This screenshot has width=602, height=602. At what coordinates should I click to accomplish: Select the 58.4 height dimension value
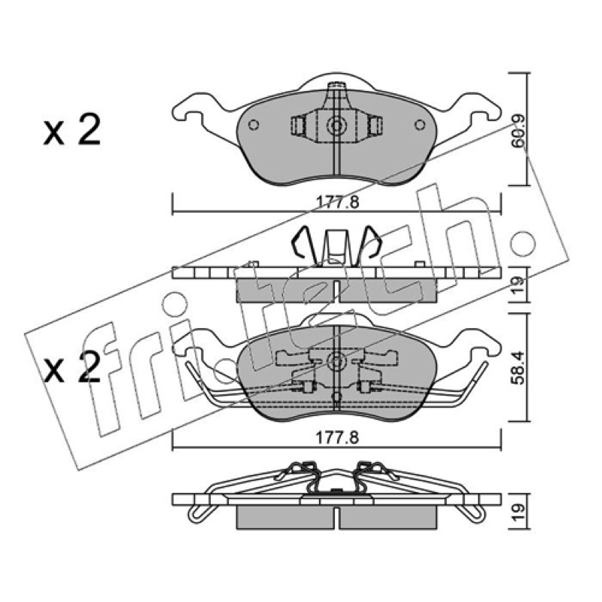518,368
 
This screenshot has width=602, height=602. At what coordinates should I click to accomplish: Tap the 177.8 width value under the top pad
337,202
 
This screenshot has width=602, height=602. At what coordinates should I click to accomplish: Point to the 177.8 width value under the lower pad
337,437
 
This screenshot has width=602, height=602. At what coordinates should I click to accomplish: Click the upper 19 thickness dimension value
518,284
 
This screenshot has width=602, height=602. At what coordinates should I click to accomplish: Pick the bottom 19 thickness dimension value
518,512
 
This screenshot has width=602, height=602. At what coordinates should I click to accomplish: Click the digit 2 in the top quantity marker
89,129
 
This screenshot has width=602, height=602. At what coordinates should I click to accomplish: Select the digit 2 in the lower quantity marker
89,367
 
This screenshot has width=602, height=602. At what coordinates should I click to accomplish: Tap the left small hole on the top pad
254,124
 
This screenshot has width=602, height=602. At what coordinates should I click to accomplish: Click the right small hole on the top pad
421,124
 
